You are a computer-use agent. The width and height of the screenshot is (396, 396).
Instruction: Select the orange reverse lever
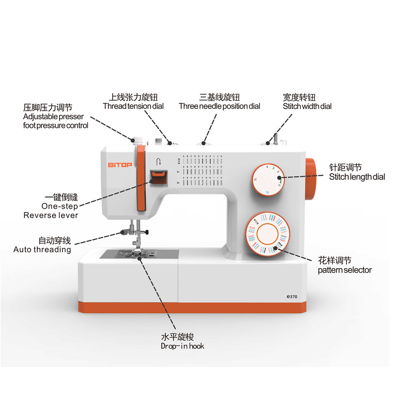coord(157,177)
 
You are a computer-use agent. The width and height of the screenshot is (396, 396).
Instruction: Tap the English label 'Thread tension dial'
coord(133,106)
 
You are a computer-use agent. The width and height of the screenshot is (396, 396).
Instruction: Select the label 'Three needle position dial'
coord(219,106)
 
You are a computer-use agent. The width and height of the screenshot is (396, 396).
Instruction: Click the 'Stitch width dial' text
coord(307,106)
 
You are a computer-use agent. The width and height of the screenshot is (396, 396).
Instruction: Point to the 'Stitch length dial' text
coord(357,177)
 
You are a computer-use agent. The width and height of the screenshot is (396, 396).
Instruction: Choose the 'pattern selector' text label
coord(344,270)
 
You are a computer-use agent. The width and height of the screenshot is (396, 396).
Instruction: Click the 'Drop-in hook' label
coord(182,346)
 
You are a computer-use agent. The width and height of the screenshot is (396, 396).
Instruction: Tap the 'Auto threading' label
coord(42,250)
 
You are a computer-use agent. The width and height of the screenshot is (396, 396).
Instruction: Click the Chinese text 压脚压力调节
coord(47,108)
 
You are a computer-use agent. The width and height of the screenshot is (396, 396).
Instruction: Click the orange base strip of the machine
coord(194,307)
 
